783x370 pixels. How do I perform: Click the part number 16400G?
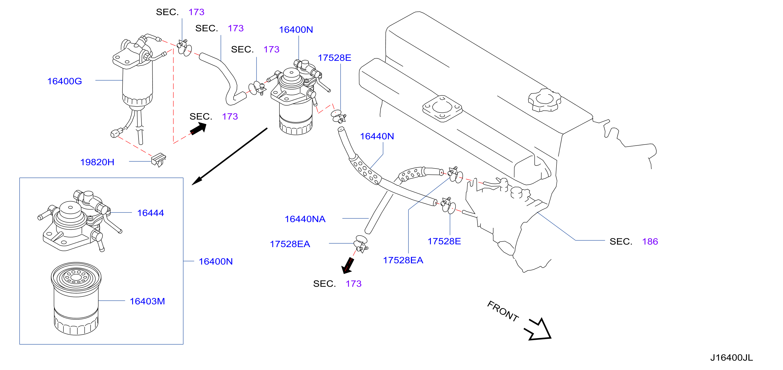tap(64, 81)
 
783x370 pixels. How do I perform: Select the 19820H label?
tap(97, 162)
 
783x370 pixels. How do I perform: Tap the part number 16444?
tap(151, 213)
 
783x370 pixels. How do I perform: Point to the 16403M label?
tap(147, 301)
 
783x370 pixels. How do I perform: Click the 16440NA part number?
tap(305, 219)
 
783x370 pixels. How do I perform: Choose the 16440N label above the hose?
tap(377, 136)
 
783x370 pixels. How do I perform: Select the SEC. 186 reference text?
tap(634, 242)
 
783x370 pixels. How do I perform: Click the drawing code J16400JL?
tap(731, 358)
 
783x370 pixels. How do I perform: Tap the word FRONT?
tap(503, 311)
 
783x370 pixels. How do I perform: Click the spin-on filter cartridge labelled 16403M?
tap(76, 298)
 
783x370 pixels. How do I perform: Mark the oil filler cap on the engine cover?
tap(544, 100)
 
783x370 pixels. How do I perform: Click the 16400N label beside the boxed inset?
tap(216, 261)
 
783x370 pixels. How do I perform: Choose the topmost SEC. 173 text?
tap(180, 12)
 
